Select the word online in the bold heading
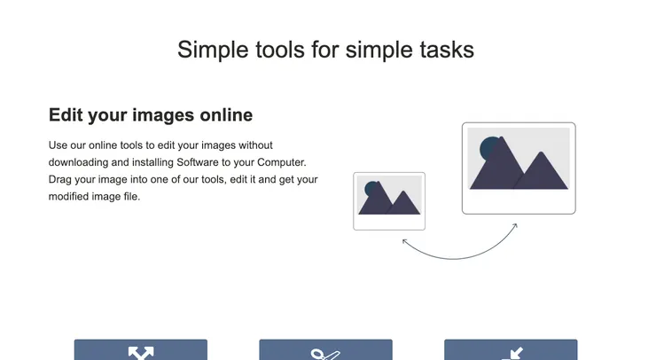pos(226,114)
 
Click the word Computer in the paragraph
pos(282,162)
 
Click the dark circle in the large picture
pos(488,147)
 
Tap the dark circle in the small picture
pos(371,188)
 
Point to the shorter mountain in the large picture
pos(542,174)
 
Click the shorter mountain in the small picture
pos(403,205)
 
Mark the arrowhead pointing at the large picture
pos(515,226)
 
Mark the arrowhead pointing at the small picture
pos(404,241)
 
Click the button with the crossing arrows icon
pos(141,350)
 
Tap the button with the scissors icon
pos(326,350)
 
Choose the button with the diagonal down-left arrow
pos(511,350)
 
